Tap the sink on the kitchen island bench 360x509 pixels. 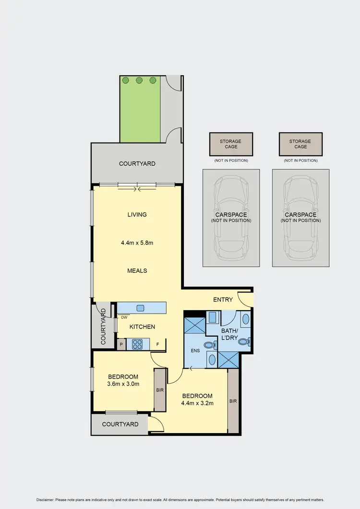[140, 308]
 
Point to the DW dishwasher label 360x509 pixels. [124, 317]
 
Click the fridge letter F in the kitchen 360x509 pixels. [157, 344]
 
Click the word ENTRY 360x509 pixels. [223, 300]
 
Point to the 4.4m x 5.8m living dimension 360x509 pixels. [137, 242]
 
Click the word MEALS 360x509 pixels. [137, 270]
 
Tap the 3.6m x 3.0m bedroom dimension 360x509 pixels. [123, 384]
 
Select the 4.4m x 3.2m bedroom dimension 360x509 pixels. [197, 403]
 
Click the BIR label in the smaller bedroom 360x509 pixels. [160, 390]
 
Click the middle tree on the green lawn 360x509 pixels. [139, 80]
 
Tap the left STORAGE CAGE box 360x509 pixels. [230, 144]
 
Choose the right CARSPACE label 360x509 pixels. [300, 215]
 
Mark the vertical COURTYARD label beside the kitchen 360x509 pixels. [103, 326]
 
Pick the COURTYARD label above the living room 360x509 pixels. [137, 164]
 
